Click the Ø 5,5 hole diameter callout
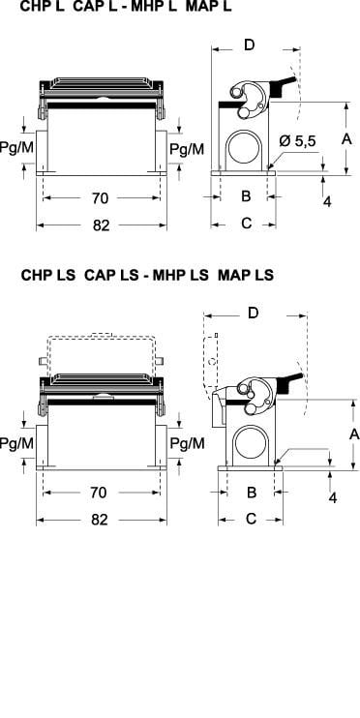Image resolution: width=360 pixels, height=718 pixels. click(x=297, y=141)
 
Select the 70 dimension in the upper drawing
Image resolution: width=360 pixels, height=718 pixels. click(x=100, y=198)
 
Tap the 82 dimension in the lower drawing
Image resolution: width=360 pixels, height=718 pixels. click(x=100, y=520)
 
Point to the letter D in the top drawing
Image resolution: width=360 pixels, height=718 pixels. click(x=249, y=45)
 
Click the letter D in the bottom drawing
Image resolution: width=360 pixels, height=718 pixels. click(x=254, y=313)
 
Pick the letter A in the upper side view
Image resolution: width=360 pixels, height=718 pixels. click(x=346, y=138)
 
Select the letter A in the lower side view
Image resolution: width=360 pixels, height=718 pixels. click(x=354, y=434)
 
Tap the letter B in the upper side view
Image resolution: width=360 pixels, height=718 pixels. click(x=246, y=196)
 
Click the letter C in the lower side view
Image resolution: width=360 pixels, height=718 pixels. click(x=252, y=519)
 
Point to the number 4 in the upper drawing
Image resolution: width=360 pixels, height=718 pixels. click(x=327, y=201)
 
